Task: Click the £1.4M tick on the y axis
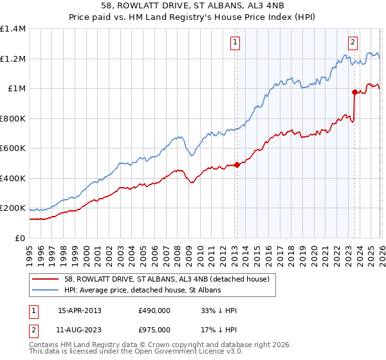(14, 29)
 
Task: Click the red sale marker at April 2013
(237, 165)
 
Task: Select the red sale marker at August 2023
(354, 92)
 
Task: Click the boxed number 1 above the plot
(235, 43)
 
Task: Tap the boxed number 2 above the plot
(353, 43)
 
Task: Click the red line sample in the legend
(46, 278)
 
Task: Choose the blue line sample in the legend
(46, 290)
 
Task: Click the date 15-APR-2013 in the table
(80, 310)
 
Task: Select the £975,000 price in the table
(154, 330)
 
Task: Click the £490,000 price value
(154, 310)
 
